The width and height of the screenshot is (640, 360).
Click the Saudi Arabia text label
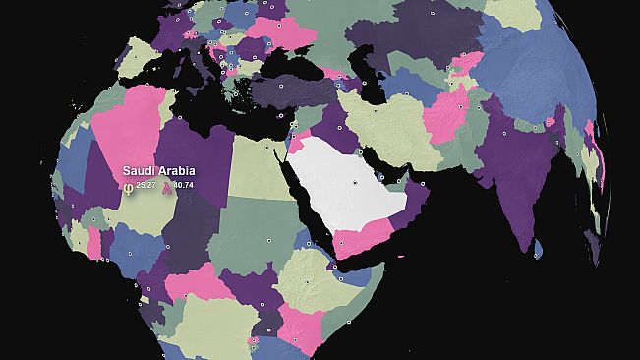[158, 170]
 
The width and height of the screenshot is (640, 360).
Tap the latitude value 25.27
[146, 185]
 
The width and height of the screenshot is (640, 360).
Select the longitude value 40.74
[184, 185]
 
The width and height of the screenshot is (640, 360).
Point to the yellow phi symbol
[128, 186]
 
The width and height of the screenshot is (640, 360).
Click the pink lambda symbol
[167, 186]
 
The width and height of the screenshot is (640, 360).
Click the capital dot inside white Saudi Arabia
[356, 184]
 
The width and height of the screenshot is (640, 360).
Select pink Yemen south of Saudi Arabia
[362, 236]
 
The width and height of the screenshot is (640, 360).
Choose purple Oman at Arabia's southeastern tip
[413, 202]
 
